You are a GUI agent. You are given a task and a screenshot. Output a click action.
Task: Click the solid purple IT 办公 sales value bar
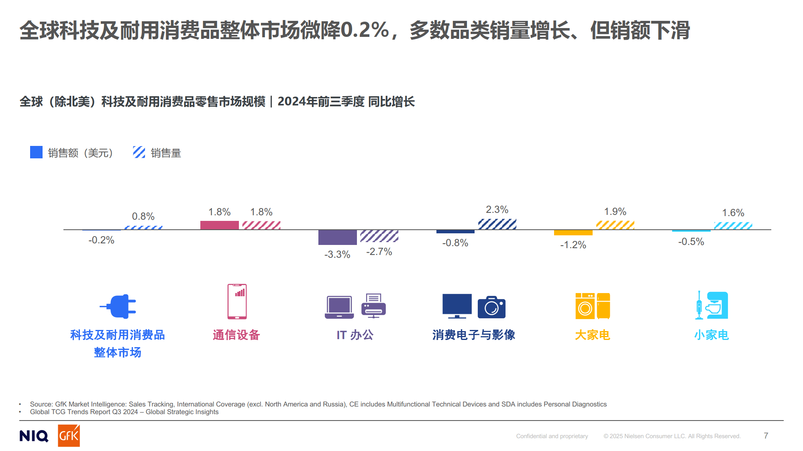click(x=337, y=237)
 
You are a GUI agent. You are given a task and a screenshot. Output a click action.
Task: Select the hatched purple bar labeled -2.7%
click(x=379, y=236)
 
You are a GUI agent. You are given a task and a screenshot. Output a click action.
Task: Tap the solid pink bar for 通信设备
click(x=219, y=225)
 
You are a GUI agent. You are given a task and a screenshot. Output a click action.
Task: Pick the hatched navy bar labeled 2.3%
click(x=497, y=224)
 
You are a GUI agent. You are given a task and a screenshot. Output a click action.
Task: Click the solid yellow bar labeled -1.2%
click(x=573, y=233)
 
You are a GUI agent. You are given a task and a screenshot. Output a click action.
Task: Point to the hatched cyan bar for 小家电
click(x=733, y=226)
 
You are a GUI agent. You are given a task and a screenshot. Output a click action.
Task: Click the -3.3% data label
click(x=337, y=255)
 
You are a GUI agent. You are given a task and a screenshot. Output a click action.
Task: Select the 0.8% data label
click(x=143, y=216)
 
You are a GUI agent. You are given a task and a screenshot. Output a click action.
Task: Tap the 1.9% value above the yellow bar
click(x=615, y=212)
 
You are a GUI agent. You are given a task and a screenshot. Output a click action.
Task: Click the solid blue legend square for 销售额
click(x=36, y=152)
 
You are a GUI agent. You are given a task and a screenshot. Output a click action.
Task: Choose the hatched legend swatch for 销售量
click(x=139, y=152)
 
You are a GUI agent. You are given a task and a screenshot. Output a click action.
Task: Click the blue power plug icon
click(x=118, y=307)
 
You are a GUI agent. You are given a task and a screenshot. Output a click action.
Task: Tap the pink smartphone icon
click(x=237, y=301)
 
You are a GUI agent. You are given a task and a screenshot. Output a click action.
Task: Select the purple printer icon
click(x=373, y=306)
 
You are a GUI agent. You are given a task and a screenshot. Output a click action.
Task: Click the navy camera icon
click(x=491, y=307)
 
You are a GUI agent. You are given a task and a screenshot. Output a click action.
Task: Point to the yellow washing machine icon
click(x=585, y=306)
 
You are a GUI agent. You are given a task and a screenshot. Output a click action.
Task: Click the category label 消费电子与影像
click(x=473, y=335)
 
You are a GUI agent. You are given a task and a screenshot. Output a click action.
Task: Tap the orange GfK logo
click(x=69, y=435)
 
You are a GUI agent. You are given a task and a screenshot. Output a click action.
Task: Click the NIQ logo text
click(x=34, y=436)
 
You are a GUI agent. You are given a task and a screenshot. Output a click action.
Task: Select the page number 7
click(x=766, y=436)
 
